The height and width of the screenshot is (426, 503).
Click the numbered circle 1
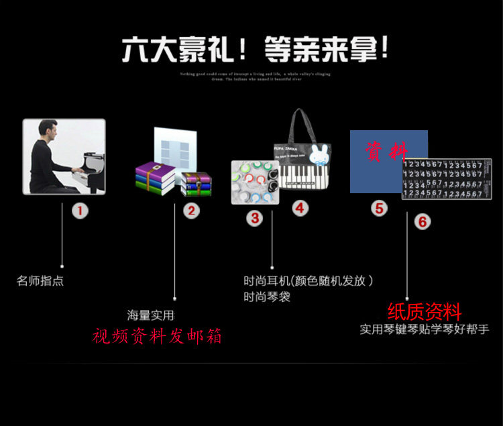click(x=80, y=211)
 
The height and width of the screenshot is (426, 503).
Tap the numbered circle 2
click(x=192, y=211)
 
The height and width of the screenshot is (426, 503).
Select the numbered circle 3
click(x=255, y=218)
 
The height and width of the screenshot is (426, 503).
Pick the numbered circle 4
click(x=299, y=209)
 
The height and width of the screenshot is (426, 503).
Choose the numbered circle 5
click(x=380, y=209)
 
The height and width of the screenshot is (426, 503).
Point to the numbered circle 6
click(x=422, y=221)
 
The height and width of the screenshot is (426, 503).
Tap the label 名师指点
click(x=40, y=281)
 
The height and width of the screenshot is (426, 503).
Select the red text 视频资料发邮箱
click(x=157, y=335)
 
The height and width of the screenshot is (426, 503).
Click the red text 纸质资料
click(x=424, y=312)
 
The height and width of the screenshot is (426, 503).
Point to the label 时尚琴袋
click(x=267, y=297)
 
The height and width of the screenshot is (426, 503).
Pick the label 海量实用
click(x=150, y=315)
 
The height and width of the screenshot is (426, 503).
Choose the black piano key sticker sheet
click(x=447, y=179)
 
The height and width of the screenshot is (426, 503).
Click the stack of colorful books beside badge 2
click(x=157, y=177)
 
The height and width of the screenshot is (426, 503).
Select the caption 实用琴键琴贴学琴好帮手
click(x=424, y=330)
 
